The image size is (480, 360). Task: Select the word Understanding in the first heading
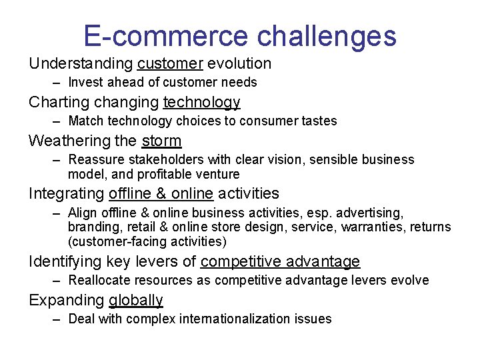(x=81, y=64)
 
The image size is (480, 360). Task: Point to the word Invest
(x=85, y=83)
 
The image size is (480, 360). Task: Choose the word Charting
(x=59, y=103)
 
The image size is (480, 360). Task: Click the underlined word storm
(x=161, y=141)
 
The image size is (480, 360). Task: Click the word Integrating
(x=65, y=194)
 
